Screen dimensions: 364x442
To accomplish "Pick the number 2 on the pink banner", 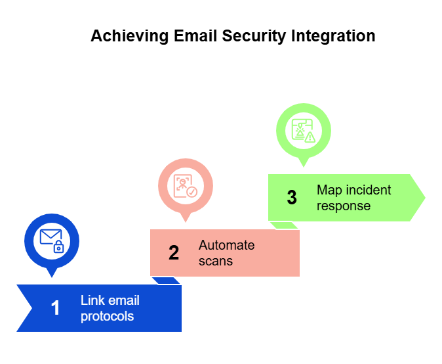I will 174,253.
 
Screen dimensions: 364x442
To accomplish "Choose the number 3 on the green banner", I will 292,198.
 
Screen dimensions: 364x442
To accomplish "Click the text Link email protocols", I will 110,308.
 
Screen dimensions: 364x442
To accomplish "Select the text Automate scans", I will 226,253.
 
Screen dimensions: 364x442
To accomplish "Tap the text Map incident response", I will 353,198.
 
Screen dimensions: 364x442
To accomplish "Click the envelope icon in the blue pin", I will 50,237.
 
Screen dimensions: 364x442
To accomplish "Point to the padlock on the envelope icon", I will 58,247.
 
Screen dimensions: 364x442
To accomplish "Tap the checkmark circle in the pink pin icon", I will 192,192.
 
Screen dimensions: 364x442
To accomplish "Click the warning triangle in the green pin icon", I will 310,137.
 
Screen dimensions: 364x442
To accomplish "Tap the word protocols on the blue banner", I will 108,316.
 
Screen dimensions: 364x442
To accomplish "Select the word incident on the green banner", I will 366,190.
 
